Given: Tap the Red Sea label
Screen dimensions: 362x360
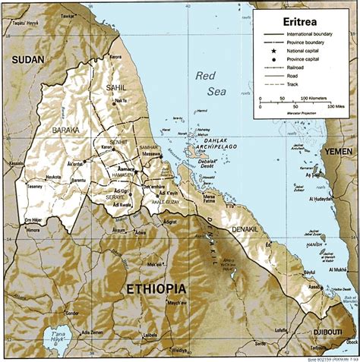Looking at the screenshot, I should point(210,83).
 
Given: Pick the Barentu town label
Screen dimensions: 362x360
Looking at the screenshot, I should point(77,181).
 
